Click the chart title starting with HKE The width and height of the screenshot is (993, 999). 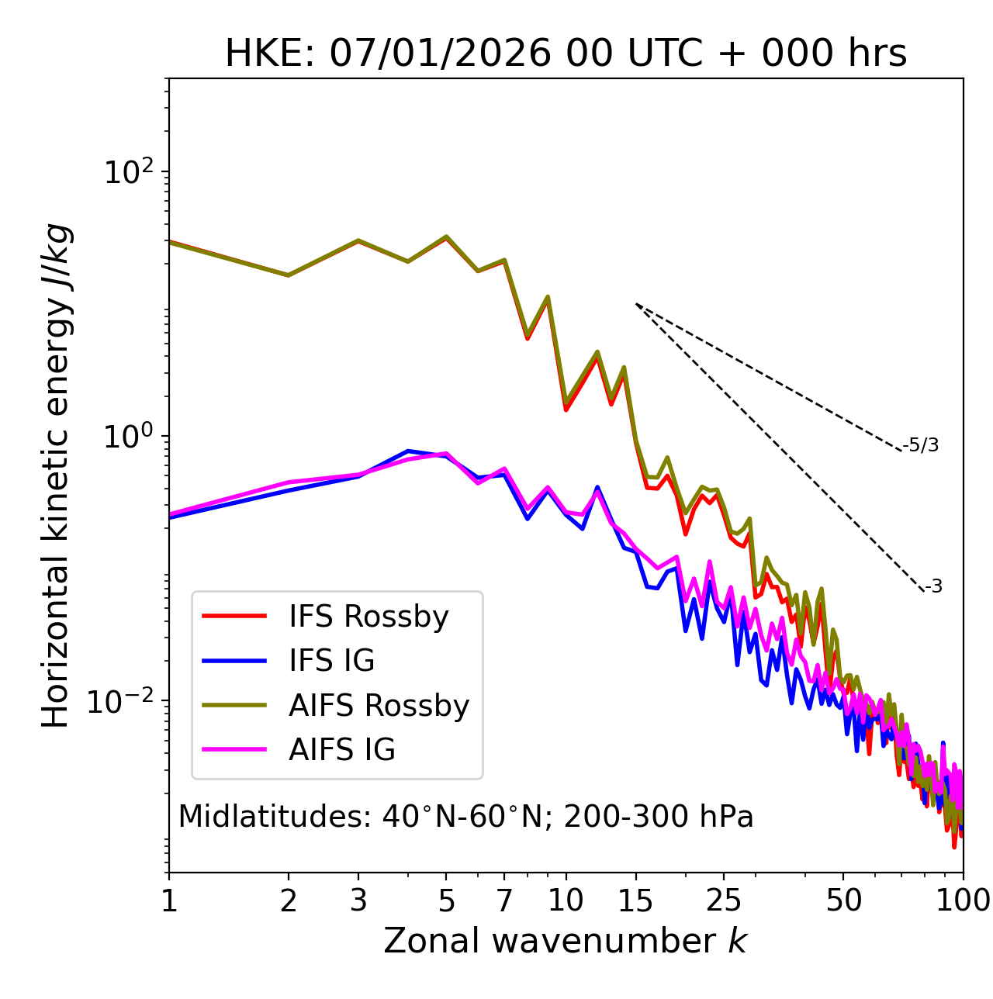[566, 54]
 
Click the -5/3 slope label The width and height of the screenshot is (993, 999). [921, 445]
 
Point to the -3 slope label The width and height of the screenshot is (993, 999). [933, 587]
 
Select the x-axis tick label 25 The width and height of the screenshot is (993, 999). [724, 900]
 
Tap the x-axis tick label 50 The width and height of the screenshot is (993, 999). [843, 900]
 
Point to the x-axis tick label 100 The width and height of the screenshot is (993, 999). [962, 900]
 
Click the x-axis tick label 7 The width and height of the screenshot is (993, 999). [504, 900]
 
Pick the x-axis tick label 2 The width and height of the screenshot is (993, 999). [289, 900]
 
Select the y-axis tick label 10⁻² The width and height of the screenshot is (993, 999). [124, 700]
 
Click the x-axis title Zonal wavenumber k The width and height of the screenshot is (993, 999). [566, 942]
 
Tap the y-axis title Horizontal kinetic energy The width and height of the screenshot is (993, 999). [56, 476]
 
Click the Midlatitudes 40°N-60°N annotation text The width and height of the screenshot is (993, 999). [465, 817]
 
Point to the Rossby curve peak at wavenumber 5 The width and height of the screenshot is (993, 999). [446, 237]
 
